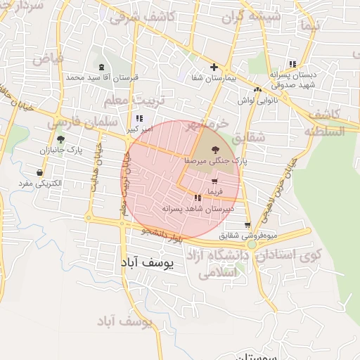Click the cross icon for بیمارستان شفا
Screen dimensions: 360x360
coord(214,67)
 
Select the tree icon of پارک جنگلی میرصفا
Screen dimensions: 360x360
coord(214,150)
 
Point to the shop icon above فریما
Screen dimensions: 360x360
coord(213,181)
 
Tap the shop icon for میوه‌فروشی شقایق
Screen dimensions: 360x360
coord(247,226)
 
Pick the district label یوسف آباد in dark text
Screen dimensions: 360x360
coord(151,262)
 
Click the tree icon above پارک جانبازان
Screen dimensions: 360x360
coord(60,139)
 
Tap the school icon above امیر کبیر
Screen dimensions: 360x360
coord(139,118)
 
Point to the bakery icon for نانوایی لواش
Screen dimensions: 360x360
coord(258,89)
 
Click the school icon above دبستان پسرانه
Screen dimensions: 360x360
coord(292,64)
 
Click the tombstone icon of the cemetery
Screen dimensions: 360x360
coord(102,67)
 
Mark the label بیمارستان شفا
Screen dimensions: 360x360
coord(213,78)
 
